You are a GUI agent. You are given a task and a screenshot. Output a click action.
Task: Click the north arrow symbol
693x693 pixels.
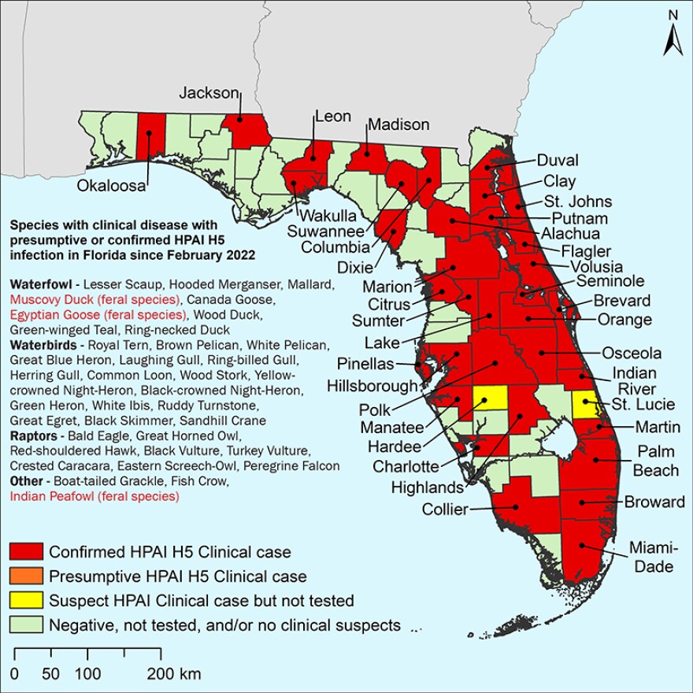click(671, 35)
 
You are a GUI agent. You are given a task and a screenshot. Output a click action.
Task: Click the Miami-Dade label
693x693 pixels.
click(650, 557)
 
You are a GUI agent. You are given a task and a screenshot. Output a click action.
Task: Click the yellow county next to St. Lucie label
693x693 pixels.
click(584, 406)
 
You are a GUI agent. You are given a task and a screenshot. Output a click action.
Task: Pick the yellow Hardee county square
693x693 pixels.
click(490, 398)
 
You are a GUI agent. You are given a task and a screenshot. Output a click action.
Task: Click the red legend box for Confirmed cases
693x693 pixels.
click(26, 552)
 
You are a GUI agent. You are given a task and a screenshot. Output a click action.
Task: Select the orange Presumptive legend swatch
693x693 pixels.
click(26, 576)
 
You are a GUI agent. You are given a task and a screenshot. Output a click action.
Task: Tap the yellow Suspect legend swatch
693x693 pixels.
click(26, 601)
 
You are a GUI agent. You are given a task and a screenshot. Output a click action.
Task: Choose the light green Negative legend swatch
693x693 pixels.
click(26, 625)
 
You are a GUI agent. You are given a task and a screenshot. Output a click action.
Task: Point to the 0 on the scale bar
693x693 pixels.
click(15, 674)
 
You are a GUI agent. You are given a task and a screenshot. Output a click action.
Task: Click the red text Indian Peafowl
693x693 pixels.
click(94, 496)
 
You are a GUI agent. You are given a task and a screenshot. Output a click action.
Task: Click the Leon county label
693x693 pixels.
click(332, 117)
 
